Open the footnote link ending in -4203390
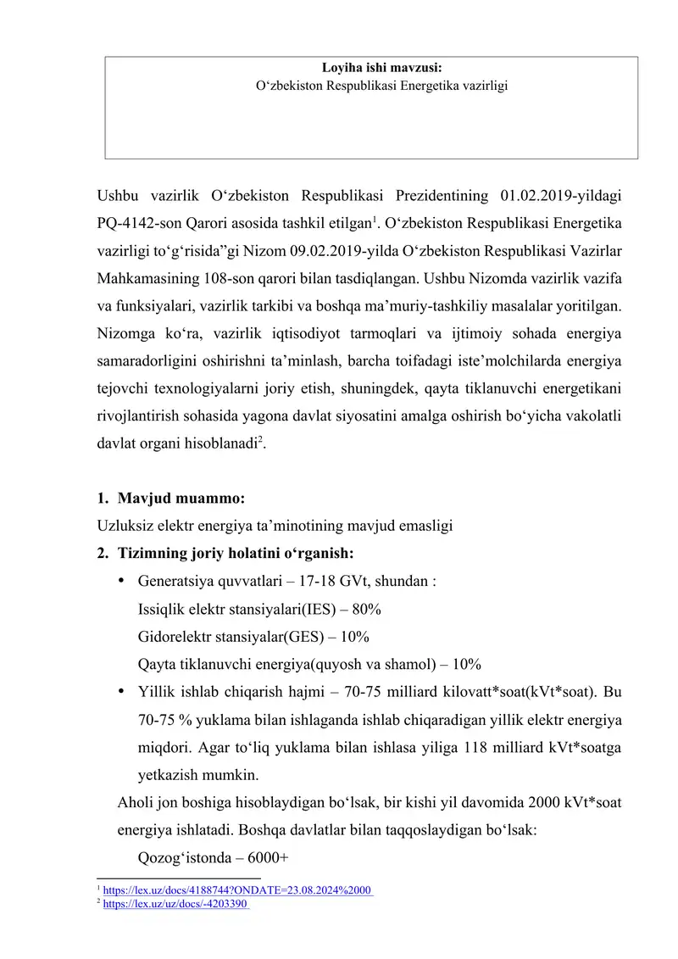click(175, 905)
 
